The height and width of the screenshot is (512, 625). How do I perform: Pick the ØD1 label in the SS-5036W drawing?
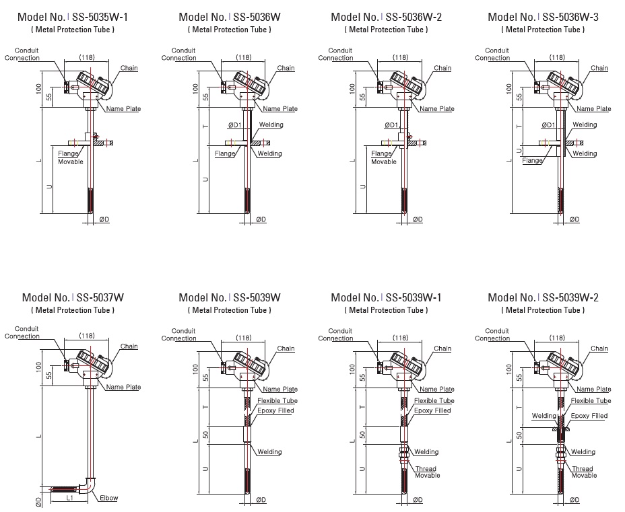point(235,125)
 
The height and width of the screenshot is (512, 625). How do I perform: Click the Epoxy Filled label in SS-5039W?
point(275,410)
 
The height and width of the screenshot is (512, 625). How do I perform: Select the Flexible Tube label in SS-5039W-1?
point(434,400)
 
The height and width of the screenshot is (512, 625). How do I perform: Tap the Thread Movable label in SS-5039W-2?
point(583,472)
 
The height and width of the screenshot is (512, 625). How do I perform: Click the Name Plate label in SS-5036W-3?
point(594,108)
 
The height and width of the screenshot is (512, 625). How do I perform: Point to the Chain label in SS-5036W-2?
point(442,68)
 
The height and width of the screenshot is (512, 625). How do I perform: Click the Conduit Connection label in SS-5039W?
point(183,334)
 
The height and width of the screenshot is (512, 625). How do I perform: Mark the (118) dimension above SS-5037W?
point(87,336)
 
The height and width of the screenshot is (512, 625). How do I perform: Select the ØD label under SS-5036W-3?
point(574,219)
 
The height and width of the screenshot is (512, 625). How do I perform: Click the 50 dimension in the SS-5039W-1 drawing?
point(362,435)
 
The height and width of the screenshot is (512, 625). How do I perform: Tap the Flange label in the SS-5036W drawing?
point(225,153)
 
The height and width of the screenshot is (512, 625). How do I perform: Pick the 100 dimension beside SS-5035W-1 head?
point(40,88)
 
